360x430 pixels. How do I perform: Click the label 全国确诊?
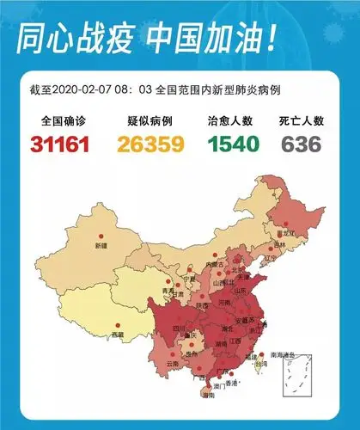coord(61,121)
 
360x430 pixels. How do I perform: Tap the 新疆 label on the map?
coord(101,246)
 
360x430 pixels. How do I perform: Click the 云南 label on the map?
coord(173,365)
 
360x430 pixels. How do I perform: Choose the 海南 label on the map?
coord(208,396)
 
